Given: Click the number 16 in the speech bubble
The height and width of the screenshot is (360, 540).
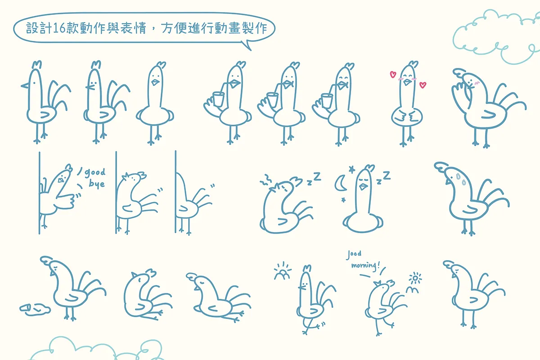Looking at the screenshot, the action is tap(59, 28).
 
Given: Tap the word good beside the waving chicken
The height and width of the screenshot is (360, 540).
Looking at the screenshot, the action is tap(95, 172).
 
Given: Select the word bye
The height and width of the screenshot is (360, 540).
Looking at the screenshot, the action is tap(97, 184).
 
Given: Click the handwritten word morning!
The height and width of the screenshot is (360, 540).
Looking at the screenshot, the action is tap(365, 265).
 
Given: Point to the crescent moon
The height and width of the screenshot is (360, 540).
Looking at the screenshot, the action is tap(340, 183).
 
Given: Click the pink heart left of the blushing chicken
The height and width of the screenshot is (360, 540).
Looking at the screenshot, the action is tap(393, 74).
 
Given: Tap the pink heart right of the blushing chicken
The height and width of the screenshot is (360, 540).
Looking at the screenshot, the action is tap(423, 85).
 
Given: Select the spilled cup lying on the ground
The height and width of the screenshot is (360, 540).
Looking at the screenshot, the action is tap(35, 309).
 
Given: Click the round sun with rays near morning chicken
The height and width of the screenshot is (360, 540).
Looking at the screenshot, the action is tap(415, 279).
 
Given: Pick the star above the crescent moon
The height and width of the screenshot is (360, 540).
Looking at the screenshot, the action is tap(352, 170).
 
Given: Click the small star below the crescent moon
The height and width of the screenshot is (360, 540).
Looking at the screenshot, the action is tap(343, 200).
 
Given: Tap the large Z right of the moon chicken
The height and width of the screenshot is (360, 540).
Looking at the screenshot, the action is tap(387, 175).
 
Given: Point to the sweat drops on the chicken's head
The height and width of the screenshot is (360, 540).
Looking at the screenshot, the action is tap(461, 180).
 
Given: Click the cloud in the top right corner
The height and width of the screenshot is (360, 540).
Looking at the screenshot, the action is tap(497, 36).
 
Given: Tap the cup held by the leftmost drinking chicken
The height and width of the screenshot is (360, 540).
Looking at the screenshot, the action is tap(218, 99).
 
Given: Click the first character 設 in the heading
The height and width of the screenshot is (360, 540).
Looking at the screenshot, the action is tap(32, 28).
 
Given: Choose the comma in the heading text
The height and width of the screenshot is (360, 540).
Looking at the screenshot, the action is tap(153, 31).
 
